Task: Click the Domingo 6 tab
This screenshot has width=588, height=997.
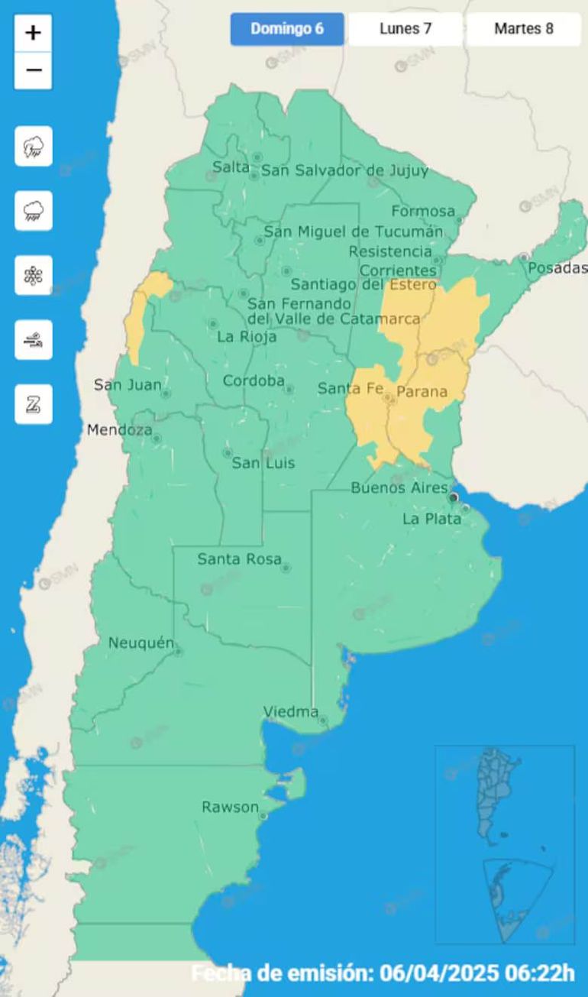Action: pos(287,29)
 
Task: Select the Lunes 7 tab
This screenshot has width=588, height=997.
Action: pos(405,29)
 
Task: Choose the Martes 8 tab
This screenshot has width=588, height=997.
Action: pos(523,29)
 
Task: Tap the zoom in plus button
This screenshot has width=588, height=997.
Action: pos(33,33)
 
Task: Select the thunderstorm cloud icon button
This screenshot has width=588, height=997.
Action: pos(34,146)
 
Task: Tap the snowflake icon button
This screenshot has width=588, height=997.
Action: pos(34,275)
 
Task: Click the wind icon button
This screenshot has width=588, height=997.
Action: pos(34,340)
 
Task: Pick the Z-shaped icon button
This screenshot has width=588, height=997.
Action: pos(34,404)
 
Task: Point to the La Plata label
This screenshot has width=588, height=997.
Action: pos(431,519)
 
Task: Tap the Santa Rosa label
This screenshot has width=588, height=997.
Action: pos(239,559)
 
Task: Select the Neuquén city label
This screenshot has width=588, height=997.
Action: pos(141,643)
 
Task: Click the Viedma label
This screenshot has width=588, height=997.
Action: pos(291,712)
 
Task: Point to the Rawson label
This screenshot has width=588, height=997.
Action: pos(230,807)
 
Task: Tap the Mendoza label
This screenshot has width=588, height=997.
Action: pos(119,430)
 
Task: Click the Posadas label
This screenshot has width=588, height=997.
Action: pos(557,267)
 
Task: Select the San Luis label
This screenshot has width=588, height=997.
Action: pos(263,463)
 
